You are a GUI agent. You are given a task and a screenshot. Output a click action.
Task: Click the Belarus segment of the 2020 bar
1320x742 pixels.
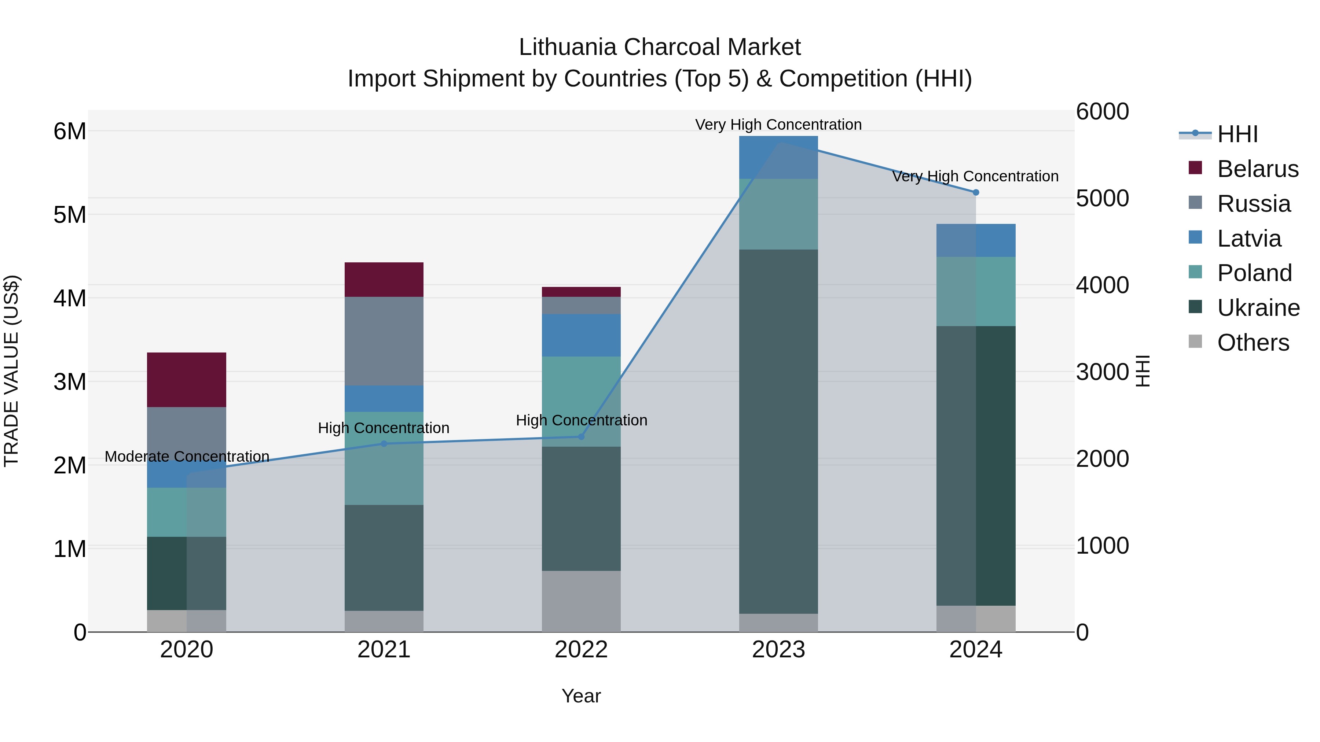click(187, 380)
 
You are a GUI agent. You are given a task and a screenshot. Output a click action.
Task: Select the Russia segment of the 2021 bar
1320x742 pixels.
click(384, 341)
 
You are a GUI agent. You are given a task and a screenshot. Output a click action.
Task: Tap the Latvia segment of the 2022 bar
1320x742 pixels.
click(581, 335)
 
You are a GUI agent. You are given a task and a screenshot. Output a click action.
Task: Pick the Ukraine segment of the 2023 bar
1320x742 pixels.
click(778, 431)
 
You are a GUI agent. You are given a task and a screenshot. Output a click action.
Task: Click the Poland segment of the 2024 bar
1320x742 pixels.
click(976, 291)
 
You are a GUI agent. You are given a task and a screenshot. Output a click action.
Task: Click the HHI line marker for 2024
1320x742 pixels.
click(976, 192)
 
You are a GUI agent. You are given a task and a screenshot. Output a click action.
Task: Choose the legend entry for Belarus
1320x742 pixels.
click(1258, 169)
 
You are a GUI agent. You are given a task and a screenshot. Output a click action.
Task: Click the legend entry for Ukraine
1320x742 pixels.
click(1258, 308)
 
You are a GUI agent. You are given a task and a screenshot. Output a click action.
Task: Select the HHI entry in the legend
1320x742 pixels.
click(1237, 134)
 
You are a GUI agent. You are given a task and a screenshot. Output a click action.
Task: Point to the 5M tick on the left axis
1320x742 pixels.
click(70, 215)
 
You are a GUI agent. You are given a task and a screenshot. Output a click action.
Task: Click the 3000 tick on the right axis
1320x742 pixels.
click(1102, 372)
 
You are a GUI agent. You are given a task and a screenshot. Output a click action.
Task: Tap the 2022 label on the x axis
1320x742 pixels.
click(581, 649)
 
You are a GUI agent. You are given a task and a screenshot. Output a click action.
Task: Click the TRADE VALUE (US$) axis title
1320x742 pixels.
click(11, 371)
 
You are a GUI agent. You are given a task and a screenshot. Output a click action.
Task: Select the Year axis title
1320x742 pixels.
click(581, 696)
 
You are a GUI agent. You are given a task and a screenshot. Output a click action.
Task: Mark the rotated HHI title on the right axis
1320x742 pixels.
click(1143, 371)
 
